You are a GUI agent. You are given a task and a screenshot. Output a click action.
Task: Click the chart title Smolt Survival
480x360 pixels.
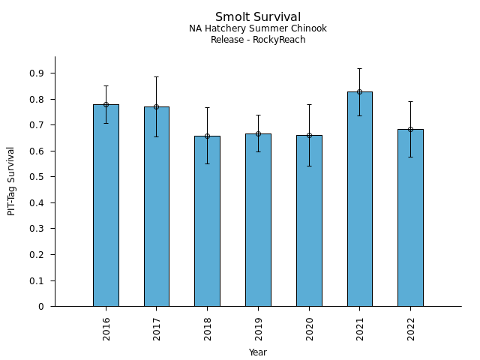click(257, 17)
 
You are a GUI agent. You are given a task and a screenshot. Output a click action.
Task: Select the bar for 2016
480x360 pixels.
click(106, 206)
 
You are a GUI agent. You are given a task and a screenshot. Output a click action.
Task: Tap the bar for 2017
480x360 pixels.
click(157, 207)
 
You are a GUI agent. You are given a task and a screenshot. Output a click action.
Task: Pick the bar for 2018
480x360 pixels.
click(207, 221)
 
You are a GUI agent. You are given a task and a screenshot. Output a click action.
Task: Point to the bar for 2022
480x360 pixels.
click(410, 217)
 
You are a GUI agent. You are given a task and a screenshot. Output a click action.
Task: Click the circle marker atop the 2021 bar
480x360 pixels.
click(359, 91)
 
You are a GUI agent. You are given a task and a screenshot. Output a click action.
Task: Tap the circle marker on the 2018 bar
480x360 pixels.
click(207, 136)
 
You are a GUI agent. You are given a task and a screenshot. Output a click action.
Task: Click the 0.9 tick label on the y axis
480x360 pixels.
click(37, 73)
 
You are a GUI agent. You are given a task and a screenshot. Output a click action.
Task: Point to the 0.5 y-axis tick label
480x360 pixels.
click(37, 177)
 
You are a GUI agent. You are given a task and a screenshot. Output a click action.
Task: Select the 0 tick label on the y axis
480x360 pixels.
click(41, 307)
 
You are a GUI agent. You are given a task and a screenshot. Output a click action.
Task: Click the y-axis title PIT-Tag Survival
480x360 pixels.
click(12, 181)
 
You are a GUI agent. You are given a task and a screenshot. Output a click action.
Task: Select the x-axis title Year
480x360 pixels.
click(258, 352)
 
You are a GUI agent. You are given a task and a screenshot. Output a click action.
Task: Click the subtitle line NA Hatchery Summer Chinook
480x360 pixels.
click(257, 29)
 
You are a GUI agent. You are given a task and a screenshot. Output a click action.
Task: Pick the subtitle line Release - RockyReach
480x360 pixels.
click(257, 40)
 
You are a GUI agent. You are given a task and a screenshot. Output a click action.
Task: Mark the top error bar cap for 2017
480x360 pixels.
click(157, 76)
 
